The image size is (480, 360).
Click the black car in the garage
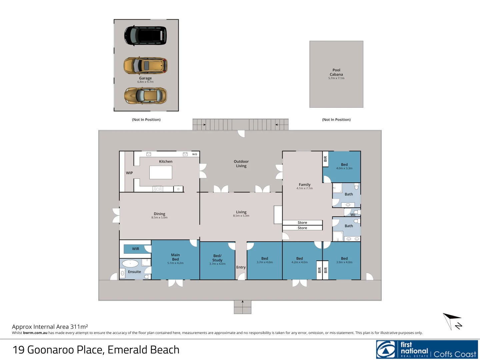click(x=145, y=35)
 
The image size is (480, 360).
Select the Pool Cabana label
click(x=336, y=72)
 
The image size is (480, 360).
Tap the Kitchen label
click(x=166, y=162)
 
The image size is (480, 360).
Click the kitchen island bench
click(x=161, y=172)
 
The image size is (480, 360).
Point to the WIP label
click(x=129, y=173)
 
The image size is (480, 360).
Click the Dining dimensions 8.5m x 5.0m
click(x=159, y=218)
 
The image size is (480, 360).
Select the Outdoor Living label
click(x=241, y=164)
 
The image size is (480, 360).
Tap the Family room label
click(x=304, y=185)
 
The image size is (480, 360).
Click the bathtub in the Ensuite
click(x=130, y=264)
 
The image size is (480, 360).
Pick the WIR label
click(x=136, y=249)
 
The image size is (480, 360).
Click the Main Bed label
click(x=175, y=257)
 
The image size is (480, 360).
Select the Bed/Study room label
click(x=217, y=258)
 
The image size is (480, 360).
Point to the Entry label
click(x=241, y=267)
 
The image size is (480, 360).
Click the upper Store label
click(x=302, y=223)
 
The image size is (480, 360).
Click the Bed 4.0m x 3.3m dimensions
click(x=344, y=168)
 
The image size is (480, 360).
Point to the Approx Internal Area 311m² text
click(x=50, y=327)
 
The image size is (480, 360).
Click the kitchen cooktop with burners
click(x=158, y=189)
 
